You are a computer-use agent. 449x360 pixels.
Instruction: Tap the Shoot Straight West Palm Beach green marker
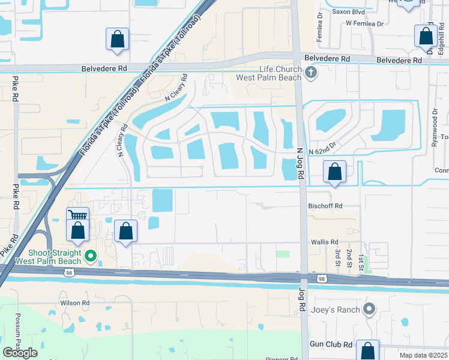point(91,257)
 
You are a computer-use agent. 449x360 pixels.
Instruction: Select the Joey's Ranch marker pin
point(369,310)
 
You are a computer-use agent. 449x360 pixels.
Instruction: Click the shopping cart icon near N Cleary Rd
point(77,217)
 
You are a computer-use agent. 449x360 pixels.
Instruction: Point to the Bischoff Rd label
point(325,206)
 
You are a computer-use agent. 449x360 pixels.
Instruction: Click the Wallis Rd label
point(325,242)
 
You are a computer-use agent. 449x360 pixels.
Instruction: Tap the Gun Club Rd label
point(331,344)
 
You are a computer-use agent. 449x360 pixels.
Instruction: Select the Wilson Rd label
point(74,303)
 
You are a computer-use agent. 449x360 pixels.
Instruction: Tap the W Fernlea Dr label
point(364,23)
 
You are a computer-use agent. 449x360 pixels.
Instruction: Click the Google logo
point(20,352)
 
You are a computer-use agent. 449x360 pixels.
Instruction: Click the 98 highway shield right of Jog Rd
point(322,278)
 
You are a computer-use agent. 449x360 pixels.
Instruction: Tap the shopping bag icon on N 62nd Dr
point(335,172)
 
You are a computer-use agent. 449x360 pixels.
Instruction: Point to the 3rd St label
point(339,257)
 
